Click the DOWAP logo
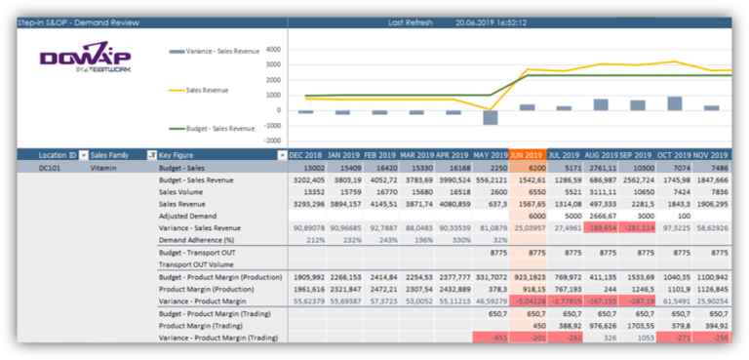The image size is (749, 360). pyautogui.click(x=85, y=59)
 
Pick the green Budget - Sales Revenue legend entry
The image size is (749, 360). pyautogui.click(x=216, y=128)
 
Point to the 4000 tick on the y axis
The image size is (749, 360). pyautogui.click(x=273, y=48)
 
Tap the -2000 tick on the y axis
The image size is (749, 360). pyautogui.click(x=271, y=140)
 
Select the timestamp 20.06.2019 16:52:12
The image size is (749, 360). pyautogui.click(x=491, y=21)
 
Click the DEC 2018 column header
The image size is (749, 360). pyautogui.click(x=306, y=155)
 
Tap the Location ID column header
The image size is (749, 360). pyautogui.click(x=58, y=155)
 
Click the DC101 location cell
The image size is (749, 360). pyautogui.click(x=50, y=168)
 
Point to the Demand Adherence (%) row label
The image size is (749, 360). pyautogui.click(x=196, y=240)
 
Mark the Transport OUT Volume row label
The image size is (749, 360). pyautogui.click(x=197, y=264)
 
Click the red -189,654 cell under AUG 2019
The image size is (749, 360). pyautogui.click(x=600, y=228)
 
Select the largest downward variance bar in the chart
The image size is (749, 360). pyautogui.click(x=491, y=117)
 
